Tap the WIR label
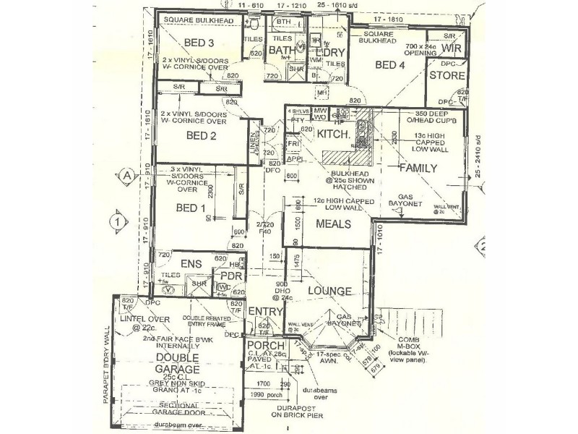click(452, 48)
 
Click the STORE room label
click(447, 75)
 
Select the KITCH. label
click(334, 135)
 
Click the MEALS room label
click(333, 224)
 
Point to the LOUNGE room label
click(329, 292)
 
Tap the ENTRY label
click(263, 311)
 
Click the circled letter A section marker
click(126, 176)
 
